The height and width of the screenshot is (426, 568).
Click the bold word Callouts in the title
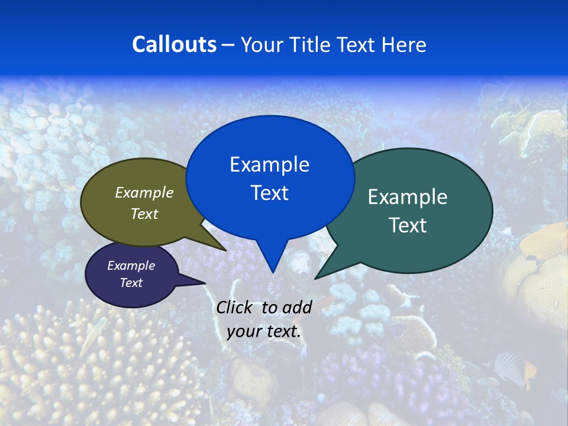pos(174,44)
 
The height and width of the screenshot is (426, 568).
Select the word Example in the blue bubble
pos(269,164)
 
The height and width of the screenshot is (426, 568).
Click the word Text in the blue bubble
pos(269,193)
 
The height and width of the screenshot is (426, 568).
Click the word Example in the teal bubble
pos(408,197)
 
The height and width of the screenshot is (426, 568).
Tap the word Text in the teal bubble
pos(408,225)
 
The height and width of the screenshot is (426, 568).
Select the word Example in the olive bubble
pos(144,192)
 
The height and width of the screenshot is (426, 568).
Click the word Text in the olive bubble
pos(144,214)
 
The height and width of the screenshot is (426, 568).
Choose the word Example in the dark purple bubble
pos(131,266)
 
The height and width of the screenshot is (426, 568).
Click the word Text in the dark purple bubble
pos(131,283)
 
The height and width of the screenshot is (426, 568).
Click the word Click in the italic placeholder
pos(235,307)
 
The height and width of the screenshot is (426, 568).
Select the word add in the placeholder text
pos(297,307)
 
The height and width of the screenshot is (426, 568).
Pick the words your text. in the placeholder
pos(264,331)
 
